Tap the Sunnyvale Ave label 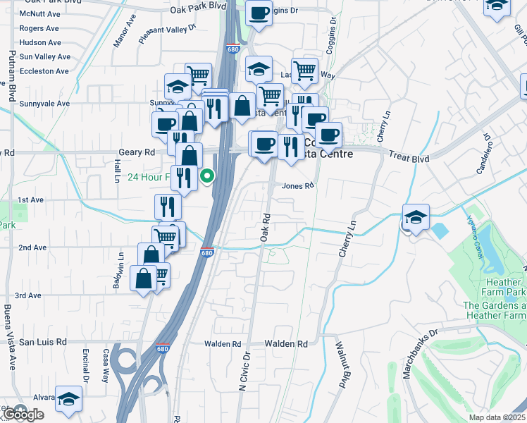tap(44, 103)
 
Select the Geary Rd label tap(140, 152)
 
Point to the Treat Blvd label tap(410, 159)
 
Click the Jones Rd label tap(297, 186)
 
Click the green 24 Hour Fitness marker tap(207, 176)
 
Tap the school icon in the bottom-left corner tap(69, 399)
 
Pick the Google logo tap(23, 415)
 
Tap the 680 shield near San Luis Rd tap(163, 348)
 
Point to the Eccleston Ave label tap(44, 71)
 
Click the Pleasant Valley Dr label tap(166, 31)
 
